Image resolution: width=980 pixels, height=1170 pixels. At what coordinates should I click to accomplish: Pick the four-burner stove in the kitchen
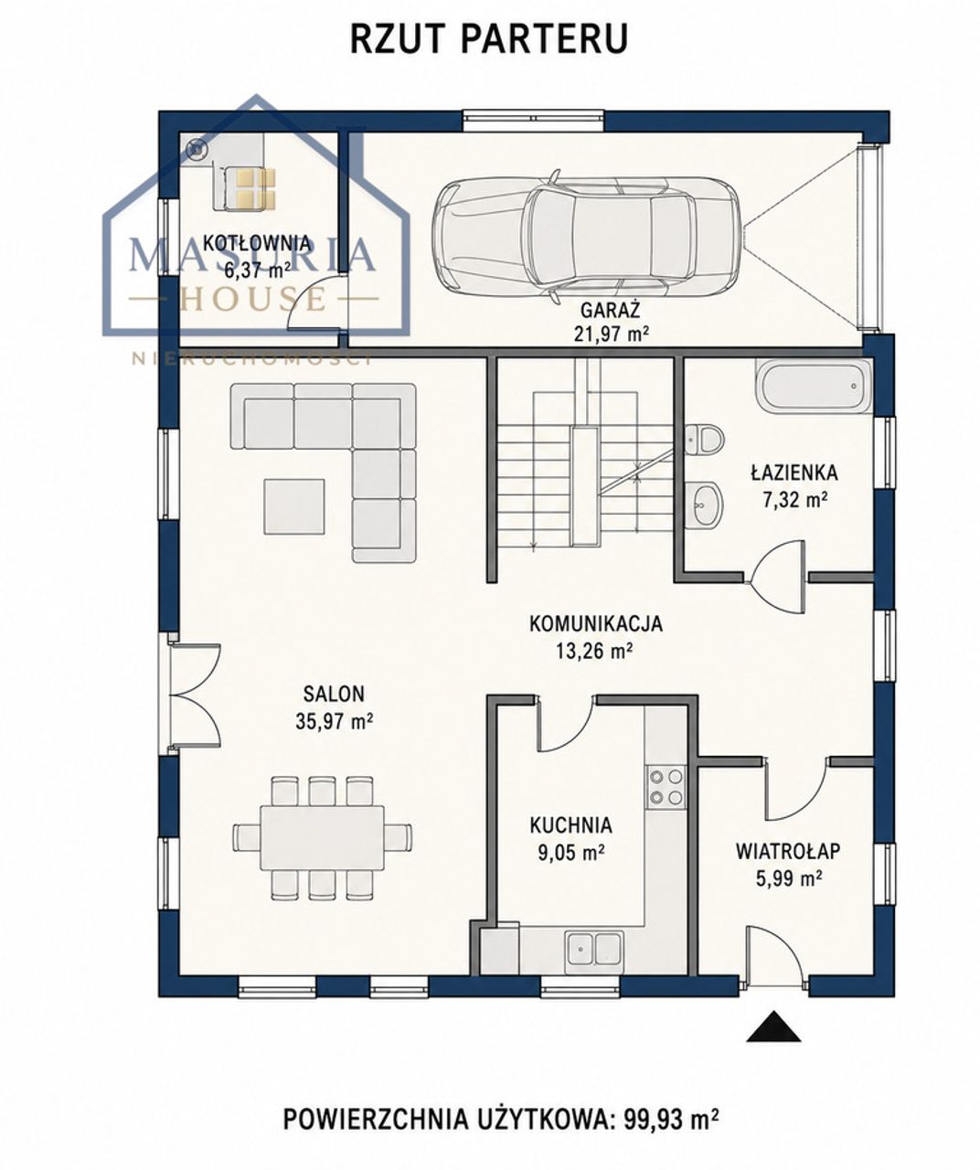tap(666, 786)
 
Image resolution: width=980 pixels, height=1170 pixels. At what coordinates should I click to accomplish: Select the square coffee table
tap(294, 506)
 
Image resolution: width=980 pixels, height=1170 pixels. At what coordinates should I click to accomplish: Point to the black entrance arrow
tap(773, 1026)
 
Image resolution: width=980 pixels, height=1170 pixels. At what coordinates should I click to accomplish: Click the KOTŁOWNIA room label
tap(257, 243)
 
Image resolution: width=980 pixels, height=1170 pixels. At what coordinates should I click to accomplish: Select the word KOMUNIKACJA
tap(596, 623)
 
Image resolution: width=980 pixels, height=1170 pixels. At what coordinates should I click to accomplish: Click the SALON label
tap(334, 694)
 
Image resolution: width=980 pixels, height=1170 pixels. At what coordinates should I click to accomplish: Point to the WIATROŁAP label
tap(788, 851)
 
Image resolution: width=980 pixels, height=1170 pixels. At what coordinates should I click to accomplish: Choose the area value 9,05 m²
tap(571, 853)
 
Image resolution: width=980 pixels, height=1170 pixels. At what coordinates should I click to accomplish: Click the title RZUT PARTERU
tap(489, 38)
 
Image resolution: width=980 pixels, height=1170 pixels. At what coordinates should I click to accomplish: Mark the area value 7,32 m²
tap(794, 500)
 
